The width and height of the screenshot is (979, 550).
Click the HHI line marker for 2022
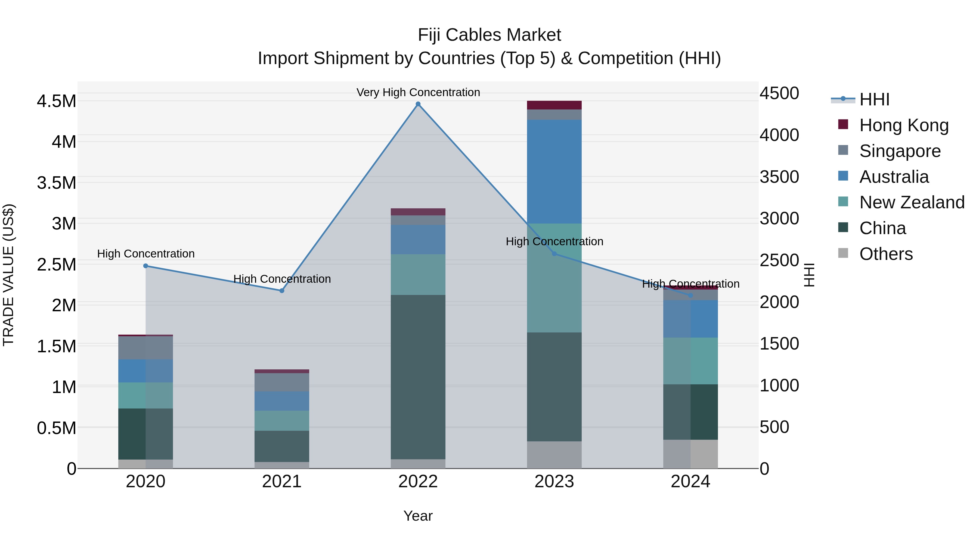(418, 104)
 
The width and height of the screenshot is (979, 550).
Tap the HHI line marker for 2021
(282, 291)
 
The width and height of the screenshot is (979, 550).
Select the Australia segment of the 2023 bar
(554, 172)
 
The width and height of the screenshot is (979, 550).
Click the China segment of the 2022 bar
(418, 377)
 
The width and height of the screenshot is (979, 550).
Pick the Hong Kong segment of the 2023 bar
(554, 105)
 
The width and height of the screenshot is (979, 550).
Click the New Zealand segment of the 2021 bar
(282, 420)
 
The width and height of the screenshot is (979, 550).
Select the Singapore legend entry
(900, 151)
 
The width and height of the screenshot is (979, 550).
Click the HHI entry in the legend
(874, 99)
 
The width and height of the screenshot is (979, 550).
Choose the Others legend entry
(885, 254)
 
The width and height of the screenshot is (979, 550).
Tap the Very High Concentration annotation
(418, 92)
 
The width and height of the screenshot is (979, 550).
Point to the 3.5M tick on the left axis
(56, 183)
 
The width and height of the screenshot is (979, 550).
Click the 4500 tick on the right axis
(779, 93)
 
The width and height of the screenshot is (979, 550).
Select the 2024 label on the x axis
(690, 482)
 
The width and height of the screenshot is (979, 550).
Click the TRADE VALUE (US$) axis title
(8, 275)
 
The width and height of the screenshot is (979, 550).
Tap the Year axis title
(418, 516)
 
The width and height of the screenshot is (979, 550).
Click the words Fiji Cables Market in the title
(489, 35)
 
